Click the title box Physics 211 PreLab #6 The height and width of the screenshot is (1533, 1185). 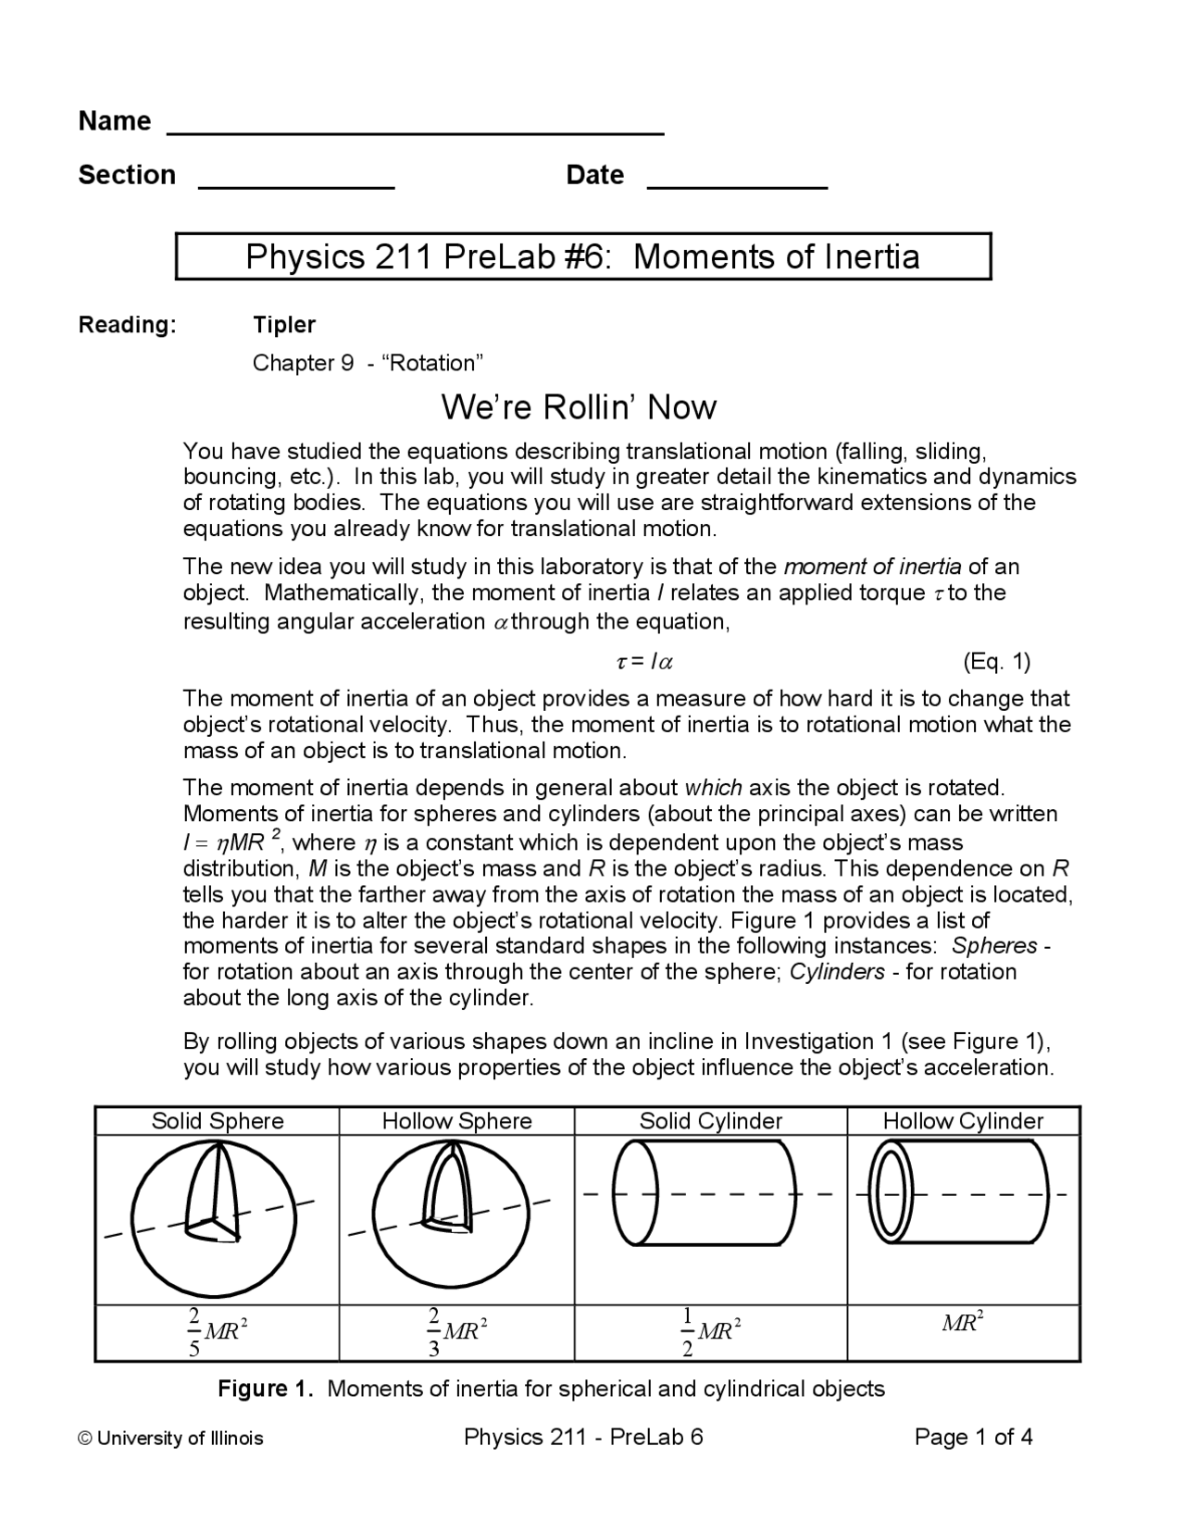(x=582, y=256)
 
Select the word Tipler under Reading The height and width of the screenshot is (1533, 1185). (x=284, y=325)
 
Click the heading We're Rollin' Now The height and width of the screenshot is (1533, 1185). (x=579, y=407)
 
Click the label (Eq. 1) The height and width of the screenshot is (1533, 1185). (x=996, y=662)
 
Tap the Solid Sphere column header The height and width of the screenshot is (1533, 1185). (x=218, y=1121)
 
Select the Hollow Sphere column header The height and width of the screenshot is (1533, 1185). (x=456, y=1121)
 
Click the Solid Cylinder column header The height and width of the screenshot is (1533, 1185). (x=710, y=1121)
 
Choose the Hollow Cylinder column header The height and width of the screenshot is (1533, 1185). (x=963, y=1121)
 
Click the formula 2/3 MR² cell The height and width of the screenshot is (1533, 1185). (x=456, y=1332)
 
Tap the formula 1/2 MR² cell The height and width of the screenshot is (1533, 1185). (x=710, y=1332)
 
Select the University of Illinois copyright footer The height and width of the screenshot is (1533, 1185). (x=171, y=1439)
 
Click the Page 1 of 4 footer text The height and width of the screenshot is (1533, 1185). (x=973, y=1438)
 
